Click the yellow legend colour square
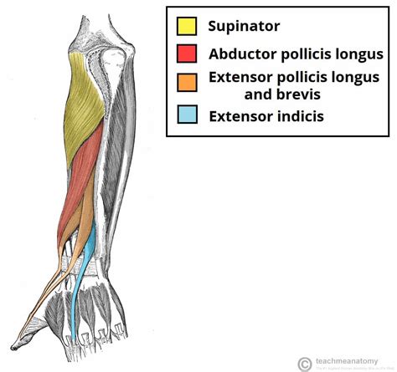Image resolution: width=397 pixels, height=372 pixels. (187, 25)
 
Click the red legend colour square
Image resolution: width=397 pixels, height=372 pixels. (187, 54)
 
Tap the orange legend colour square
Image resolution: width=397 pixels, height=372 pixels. (187, 82)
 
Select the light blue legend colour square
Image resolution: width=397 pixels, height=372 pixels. (187, 115)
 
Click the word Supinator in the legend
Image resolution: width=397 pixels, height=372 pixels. (244, 26)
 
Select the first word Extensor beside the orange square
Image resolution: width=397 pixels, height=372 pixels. (243, 78)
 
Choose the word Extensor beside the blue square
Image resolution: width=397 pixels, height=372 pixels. (243, 115)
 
